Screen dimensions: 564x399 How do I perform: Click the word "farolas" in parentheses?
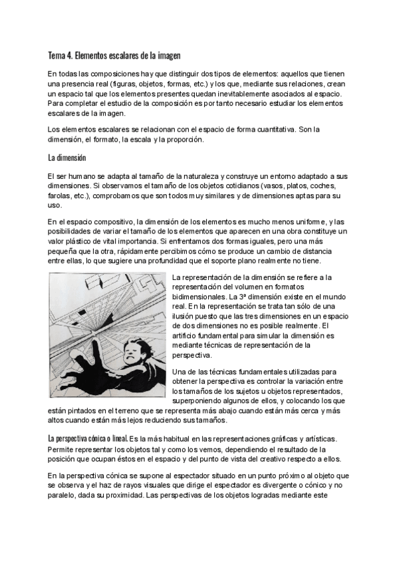61,197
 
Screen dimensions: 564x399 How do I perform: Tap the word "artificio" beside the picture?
188,337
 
